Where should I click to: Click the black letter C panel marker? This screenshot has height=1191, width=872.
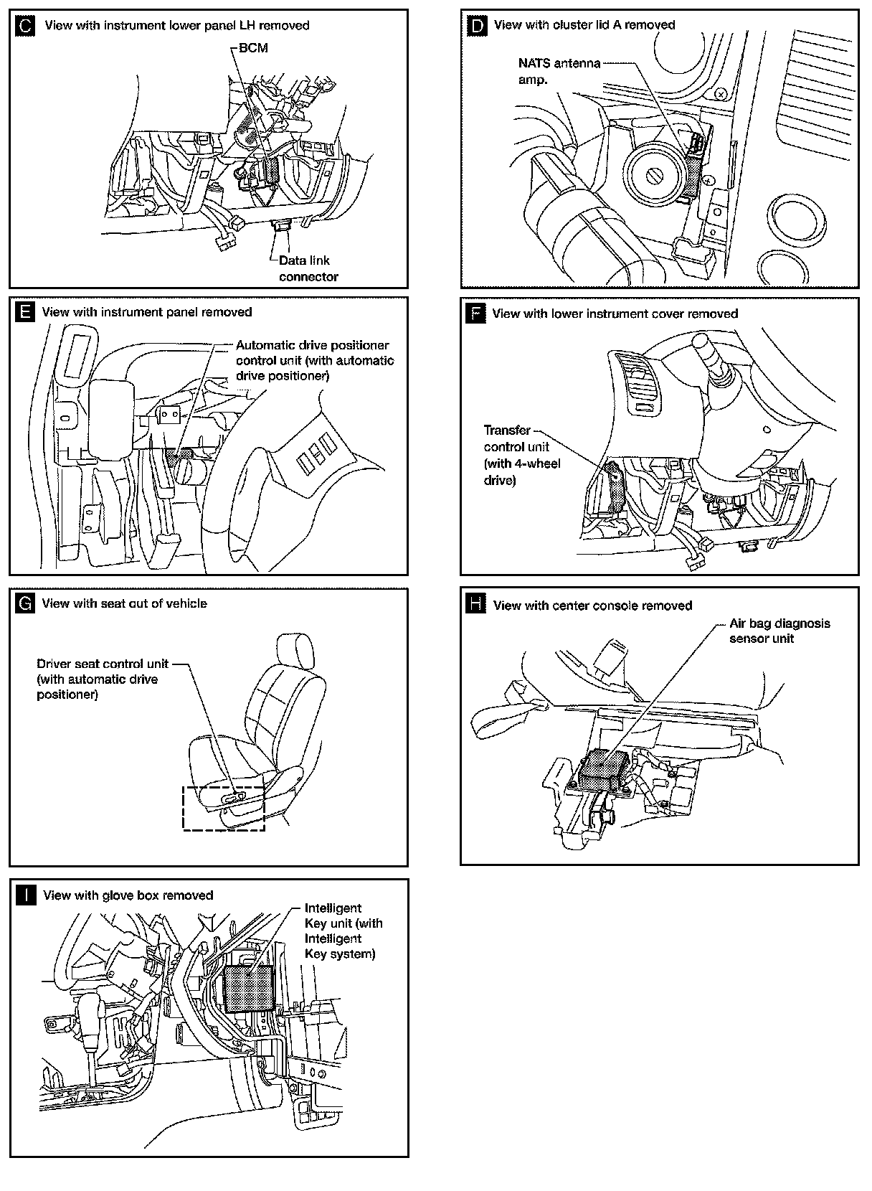pyautogui.click(x=25, y=27)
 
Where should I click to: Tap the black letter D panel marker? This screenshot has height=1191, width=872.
pyautogui.click(x=476, y=26)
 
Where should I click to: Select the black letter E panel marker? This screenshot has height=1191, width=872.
pyautogui.click(x=25, y=312)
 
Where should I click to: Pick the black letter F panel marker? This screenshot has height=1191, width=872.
pyautogui.click(x=476, y=314)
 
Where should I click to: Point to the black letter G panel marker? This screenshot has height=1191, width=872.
pyautogui.click(x=25, y=604)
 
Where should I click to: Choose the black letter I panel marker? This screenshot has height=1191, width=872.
pyautogui.click(x=25, y=895)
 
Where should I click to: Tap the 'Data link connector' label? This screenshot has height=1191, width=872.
pyautogui.click(x=308, y=268)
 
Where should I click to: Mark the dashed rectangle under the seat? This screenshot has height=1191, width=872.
pyautogui.click(x=224, y=809)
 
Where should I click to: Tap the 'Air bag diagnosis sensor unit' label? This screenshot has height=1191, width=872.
pyautogui.click(x=779, y=631)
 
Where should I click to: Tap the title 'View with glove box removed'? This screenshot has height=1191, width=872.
pyautogui.click(x=128, y=895)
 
